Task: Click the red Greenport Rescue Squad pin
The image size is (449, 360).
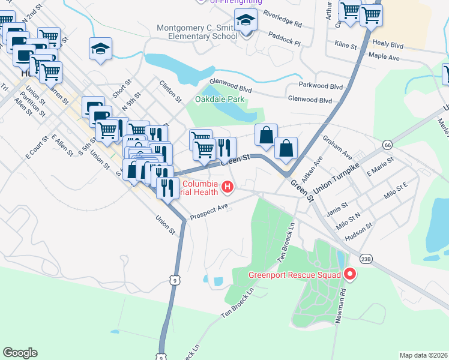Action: pos(349,275)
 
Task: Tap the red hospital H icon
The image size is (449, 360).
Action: pos(228,188)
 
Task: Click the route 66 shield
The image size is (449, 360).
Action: pos(388,145)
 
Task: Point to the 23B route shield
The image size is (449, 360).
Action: pos(366,258)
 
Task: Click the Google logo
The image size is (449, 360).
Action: pos(20,352)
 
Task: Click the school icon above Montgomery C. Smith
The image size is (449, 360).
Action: pos(245,21)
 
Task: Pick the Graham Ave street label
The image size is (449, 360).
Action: pos(337,146)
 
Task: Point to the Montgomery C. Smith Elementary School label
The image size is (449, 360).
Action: pos(197,32)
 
